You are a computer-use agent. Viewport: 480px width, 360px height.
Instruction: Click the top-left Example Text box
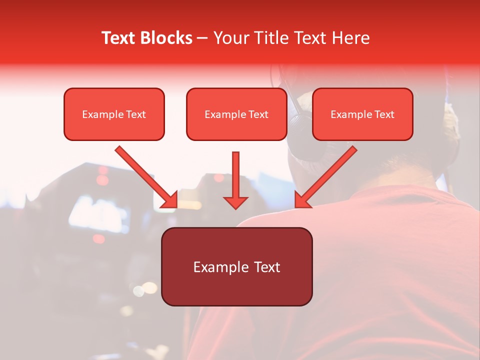[114, 114]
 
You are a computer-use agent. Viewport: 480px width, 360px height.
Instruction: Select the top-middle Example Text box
[236, 114]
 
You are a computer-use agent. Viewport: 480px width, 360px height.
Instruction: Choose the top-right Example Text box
[362, 114]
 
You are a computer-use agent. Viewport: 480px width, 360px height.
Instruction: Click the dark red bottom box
[236, 266]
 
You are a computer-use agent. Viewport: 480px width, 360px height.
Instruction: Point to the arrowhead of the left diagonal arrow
[171, 201]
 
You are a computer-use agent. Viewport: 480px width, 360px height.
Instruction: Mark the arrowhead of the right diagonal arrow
[301, 201]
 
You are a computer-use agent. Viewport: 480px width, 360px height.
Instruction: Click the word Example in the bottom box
[219, 267]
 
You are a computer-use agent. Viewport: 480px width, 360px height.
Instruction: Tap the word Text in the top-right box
[384, 114]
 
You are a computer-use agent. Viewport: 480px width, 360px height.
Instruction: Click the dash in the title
[202, 38]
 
